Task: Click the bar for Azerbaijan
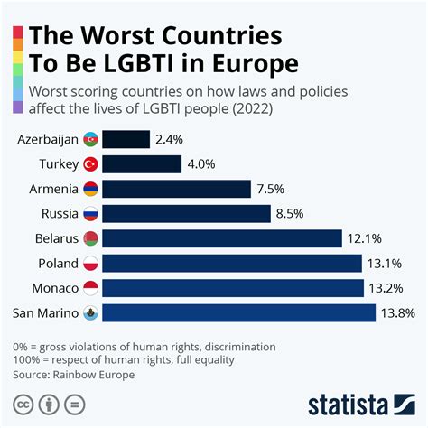coord(126,139)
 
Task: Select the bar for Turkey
coord(141,164)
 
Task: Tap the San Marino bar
coord(238,312)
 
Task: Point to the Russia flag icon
coord(90,214)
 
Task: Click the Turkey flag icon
coord(90,164)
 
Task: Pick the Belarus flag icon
coord(90,238)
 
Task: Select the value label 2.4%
coord(171,139)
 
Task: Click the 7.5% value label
coord(271,189)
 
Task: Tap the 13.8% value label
coord(399,312)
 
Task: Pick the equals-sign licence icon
coord(76,403)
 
